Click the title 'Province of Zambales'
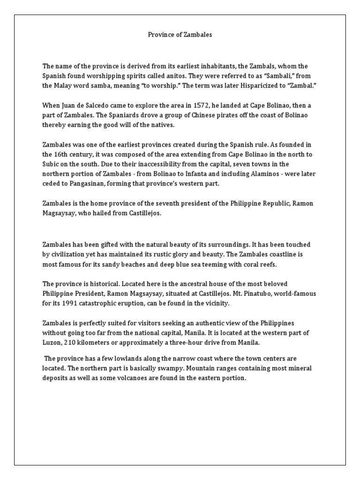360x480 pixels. coord(180,35)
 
